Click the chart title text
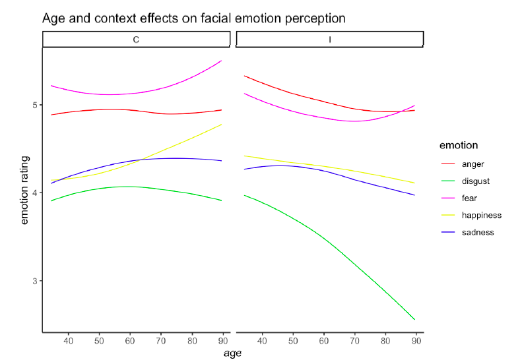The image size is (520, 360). coord(193,18)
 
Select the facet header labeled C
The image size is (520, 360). coord(136,40)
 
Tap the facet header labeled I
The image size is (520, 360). coord(329,40)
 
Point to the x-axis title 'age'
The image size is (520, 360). coord(233,353)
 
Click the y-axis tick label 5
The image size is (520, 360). coord(34,105)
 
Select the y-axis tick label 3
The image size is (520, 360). coord(34,281)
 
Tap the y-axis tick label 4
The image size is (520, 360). coord(34,193)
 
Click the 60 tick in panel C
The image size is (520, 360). coord(130,341)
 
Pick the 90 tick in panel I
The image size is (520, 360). coord(416,341)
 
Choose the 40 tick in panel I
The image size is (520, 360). coord(262,341)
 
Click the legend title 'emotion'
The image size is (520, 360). coord(461,145)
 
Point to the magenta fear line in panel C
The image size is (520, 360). coord(132,94)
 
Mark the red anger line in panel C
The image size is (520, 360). coord(132,110)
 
